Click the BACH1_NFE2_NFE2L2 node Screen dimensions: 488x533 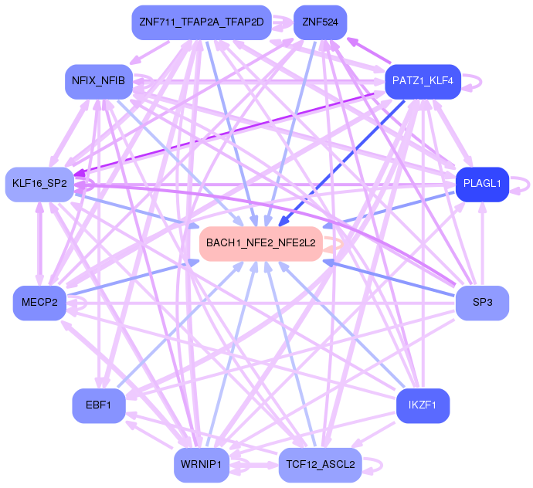tap(260, 243)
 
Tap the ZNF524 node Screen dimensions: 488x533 tap(320, 22)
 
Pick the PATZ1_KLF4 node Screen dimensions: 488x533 tap(422, 80)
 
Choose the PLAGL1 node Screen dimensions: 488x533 tap(482, 184)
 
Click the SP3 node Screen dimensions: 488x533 tap(482, 302)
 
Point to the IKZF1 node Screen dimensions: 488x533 tap(423, 405)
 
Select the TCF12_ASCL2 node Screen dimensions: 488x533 tap(320, 464)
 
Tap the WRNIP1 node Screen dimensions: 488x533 tap(202, 464)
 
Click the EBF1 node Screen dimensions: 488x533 tap(99, 405)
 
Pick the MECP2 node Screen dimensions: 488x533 tap(39, 302)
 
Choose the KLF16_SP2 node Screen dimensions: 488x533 tap(39, 184)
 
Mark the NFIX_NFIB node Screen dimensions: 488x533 tap(99, 80)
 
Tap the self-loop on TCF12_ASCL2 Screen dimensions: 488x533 tap(375, 465)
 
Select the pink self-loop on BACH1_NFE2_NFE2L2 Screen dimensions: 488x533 tap(334, 244)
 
